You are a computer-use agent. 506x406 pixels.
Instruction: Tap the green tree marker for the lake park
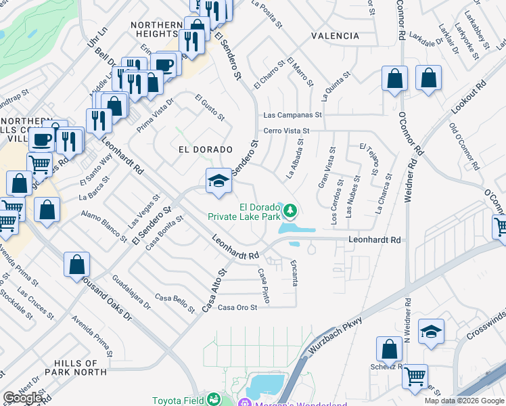point(290,211)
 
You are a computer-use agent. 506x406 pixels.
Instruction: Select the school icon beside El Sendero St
point(218,181)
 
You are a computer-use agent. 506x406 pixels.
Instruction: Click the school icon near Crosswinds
point(431,332)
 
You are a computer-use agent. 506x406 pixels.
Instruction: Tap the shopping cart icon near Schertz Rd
point(415,376)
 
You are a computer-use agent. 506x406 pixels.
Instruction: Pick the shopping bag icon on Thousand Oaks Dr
point(77,265)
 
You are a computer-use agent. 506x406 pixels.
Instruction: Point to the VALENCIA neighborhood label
point(335,35)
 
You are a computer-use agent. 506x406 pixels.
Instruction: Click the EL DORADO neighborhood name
point(205,149)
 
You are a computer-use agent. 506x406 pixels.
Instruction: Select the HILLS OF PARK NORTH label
point(76,367)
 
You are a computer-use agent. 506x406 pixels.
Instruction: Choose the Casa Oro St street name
point(237,308)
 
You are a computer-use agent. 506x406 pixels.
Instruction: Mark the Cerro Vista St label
point(285,131)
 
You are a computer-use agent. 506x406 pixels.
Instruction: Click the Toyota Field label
point(177,400)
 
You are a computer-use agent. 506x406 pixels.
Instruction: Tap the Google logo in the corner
point(23,398)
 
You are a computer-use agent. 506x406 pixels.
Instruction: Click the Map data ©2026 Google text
point(464,401)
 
